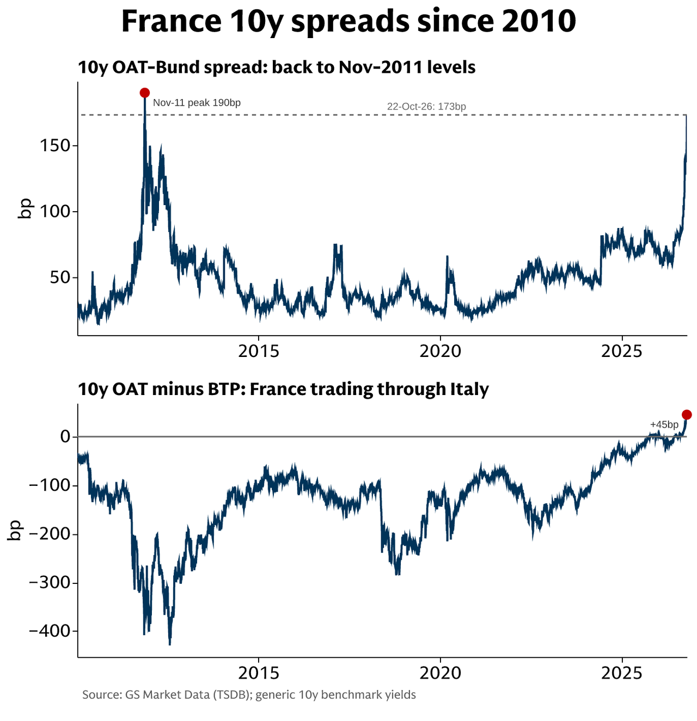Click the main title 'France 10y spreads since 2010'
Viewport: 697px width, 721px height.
[348, 21]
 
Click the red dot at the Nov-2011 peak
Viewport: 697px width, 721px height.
[145, 93]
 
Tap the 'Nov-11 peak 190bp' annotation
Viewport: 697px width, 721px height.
[197, 103]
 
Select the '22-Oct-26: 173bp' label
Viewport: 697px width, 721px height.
[426, 106]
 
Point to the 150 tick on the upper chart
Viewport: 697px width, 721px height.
[55, 146]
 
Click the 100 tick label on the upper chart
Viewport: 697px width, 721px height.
[55, 212]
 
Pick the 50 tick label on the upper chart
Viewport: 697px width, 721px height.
[60, 278]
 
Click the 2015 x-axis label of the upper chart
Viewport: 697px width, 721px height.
[259, 351]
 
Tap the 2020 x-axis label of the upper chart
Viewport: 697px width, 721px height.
[440, 351]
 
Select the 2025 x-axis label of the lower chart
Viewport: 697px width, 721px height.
[622, 673]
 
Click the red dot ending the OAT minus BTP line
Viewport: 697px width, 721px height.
[687, 414]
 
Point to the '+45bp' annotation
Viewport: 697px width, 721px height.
[664, 424]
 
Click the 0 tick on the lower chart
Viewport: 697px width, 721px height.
[66, 436]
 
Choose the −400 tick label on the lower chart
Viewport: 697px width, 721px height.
[50, 631]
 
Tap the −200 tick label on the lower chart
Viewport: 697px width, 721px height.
[50, 534]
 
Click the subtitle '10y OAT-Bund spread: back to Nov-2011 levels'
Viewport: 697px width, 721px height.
[277, 67]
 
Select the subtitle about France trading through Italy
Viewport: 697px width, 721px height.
[283, 390]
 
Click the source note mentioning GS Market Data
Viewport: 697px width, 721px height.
[249, 695]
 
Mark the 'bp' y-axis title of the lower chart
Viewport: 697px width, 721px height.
[15, 531]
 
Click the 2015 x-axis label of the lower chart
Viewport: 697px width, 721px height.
[259, 673]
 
